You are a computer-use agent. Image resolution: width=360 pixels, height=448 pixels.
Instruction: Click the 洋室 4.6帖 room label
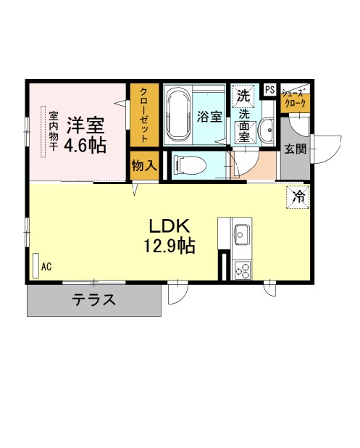tap(85, 135)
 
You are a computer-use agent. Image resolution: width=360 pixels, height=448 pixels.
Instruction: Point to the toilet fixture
tap(190, 165)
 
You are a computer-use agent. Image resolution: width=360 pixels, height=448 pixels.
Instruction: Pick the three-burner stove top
tap(242, 270)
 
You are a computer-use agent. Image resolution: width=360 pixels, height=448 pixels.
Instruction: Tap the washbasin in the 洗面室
tap(267, 130)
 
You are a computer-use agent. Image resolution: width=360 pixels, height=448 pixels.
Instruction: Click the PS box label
tap(269, 90)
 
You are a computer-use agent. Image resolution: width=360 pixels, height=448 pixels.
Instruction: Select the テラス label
tap(94, 300)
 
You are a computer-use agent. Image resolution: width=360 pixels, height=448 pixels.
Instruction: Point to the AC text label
tap(46, 267)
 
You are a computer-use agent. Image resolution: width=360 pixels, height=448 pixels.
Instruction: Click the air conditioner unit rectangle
tap(35, 266)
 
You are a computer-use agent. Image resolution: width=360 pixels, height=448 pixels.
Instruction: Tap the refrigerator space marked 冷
tap(298, 197)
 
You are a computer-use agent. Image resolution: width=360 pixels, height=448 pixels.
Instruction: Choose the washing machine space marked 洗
tap(243, 96)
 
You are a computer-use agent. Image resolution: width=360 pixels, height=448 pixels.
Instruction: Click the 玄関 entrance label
tap(296, 149)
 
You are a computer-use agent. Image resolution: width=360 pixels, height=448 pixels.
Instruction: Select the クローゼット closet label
tap(144, 115)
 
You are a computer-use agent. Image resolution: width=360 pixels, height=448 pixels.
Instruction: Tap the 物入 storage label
tap(144, 165)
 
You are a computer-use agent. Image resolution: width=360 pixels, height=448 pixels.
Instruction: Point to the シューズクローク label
tap(294, 99)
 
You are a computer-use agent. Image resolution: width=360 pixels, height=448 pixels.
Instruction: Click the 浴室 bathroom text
tap(209, 117)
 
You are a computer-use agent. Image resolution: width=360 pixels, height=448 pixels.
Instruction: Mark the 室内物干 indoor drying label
tap(54, 131)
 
